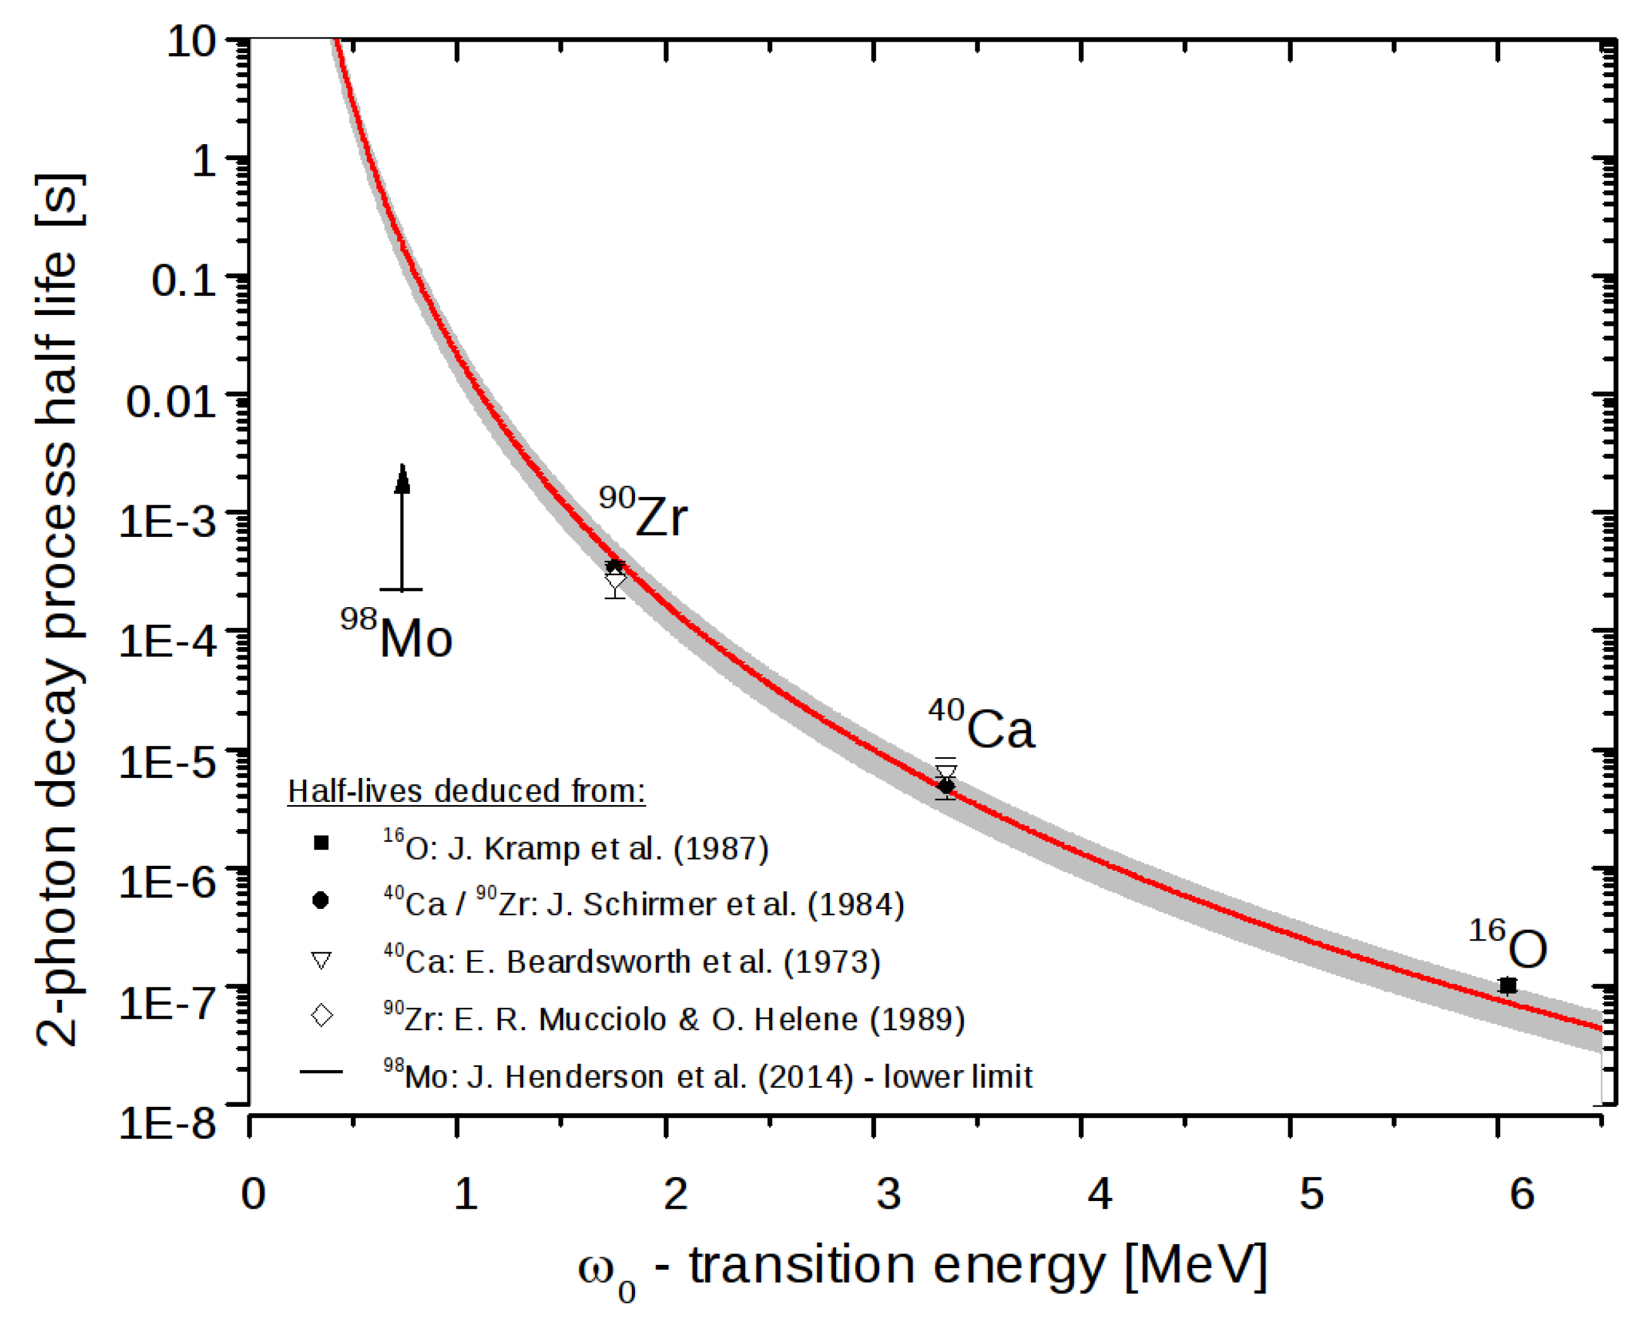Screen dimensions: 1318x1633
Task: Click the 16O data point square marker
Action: (x=1508, y=985)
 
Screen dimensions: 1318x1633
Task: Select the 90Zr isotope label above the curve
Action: (x=643, y=512)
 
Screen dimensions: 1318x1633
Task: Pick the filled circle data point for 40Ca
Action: (x=946, y=785)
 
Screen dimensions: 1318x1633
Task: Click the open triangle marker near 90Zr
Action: (x=615, y=583)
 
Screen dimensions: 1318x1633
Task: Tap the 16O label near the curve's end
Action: (x=1508, y=944)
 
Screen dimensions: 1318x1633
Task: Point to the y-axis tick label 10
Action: (x=191, y=41)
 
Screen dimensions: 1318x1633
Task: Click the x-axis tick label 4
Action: (x=1099, y=1194)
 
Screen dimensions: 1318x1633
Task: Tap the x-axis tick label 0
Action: (x=254, y=1194)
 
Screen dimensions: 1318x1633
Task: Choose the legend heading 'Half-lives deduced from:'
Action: (x=466, y=791)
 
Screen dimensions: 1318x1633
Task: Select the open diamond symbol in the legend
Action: (x=322, y=1015)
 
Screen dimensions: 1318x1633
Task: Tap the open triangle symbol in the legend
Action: (x=322, y=961)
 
